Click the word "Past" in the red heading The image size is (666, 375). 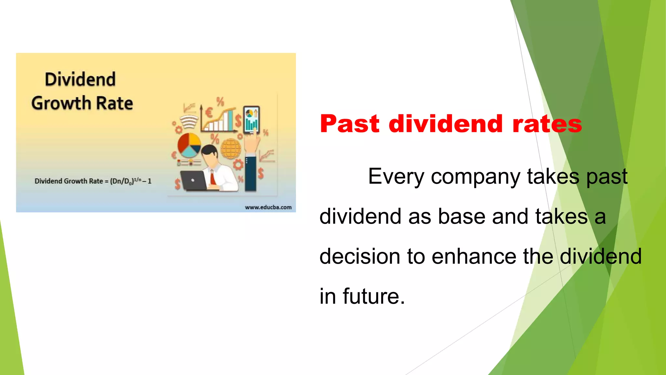click(x=350, y=124)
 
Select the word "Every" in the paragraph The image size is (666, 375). click(x=396, y=177)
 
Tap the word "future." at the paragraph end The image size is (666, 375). click(x=374, y=297)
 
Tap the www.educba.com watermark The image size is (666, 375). click(x=268, y=207)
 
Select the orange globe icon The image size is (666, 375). click(x=231, y=148)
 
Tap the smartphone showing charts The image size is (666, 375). click(x=251, y=120)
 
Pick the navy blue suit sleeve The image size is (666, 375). click(x=251, y=173)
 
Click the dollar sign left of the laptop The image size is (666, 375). click(x=177, y=184)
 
